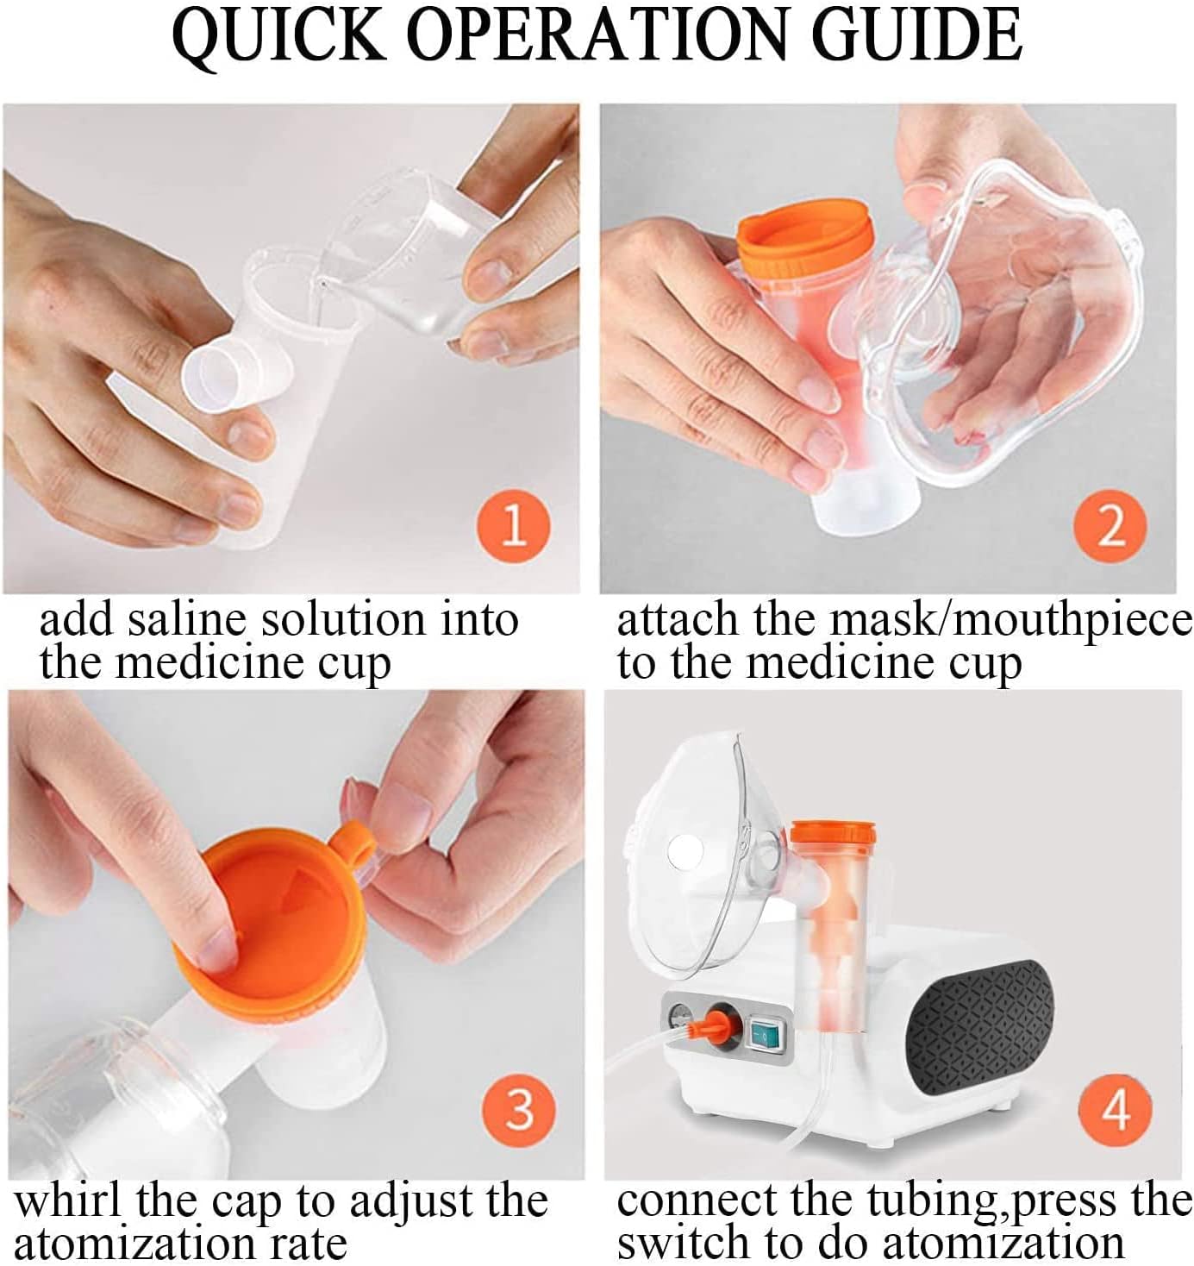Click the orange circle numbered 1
(x=513, y=527)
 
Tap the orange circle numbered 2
(x=1110, y=527)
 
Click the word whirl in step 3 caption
(x=69, y=1201)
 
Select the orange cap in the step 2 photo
(x=804, y=235)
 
